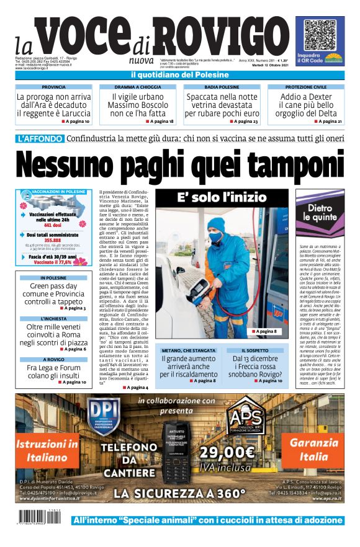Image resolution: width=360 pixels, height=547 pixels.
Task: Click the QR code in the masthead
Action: click(323, 35)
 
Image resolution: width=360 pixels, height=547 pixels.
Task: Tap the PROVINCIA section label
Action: click(54, 87)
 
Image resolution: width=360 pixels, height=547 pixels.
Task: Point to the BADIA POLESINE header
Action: click(222, 87)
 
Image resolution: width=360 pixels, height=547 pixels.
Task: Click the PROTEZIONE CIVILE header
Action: click(307, 87)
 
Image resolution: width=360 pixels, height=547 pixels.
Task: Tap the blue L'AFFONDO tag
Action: click(40, 138)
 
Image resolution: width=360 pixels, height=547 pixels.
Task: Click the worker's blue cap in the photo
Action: click(216, 223)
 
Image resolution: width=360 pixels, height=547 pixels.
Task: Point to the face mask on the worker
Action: click(215, 236)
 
